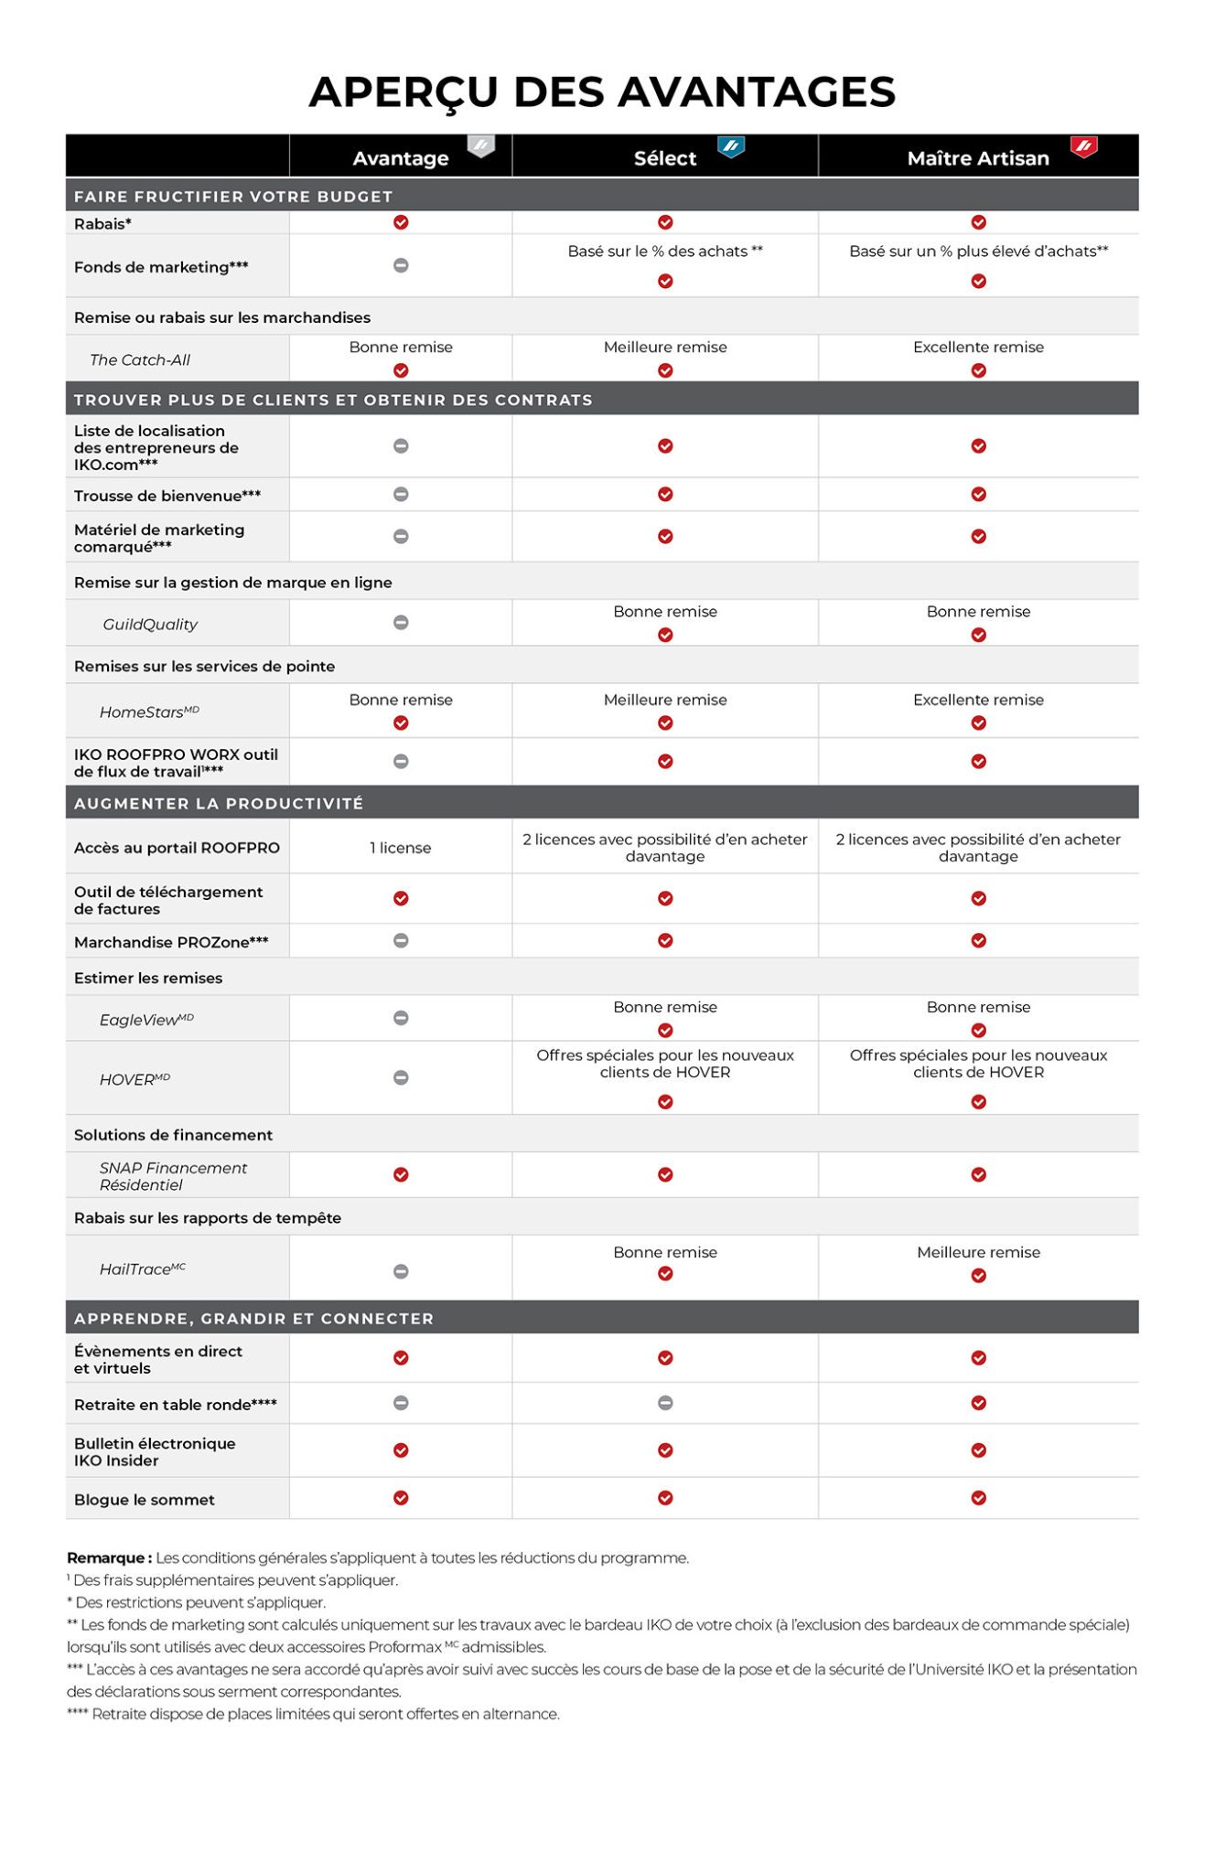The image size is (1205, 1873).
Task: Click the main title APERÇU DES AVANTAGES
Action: coord(602,91)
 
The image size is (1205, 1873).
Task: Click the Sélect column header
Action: coord(665,158)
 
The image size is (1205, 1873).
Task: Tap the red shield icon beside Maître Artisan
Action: coord(1083,146)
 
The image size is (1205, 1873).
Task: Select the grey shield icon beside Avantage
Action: coord(481,146)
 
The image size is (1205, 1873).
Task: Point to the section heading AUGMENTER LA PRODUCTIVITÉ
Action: coord(219,803)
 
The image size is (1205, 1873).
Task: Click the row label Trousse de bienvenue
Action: coord(167,496)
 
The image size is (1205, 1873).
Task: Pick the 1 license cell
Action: coord(401,848)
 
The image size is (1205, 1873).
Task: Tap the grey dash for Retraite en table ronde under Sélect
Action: coord(665,1403)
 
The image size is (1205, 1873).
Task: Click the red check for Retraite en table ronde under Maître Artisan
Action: coord(978,1403)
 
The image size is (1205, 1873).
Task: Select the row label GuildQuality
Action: coord(150,625)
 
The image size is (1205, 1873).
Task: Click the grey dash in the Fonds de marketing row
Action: coord(401,266)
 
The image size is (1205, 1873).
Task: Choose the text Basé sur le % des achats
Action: coord(665,252)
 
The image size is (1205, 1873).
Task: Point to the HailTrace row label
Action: coord(142,1269)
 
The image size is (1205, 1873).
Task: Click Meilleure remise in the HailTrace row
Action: coord(978,1253)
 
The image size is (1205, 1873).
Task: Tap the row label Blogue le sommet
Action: coord(145,1500)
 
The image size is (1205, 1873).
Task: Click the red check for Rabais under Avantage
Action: coord(401,222)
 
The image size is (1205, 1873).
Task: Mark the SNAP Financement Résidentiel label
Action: coord(173,1176)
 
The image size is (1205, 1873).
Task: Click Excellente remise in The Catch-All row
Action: coord(978,348)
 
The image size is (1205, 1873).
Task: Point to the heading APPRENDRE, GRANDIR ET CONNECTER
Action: coord(253,1319)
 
